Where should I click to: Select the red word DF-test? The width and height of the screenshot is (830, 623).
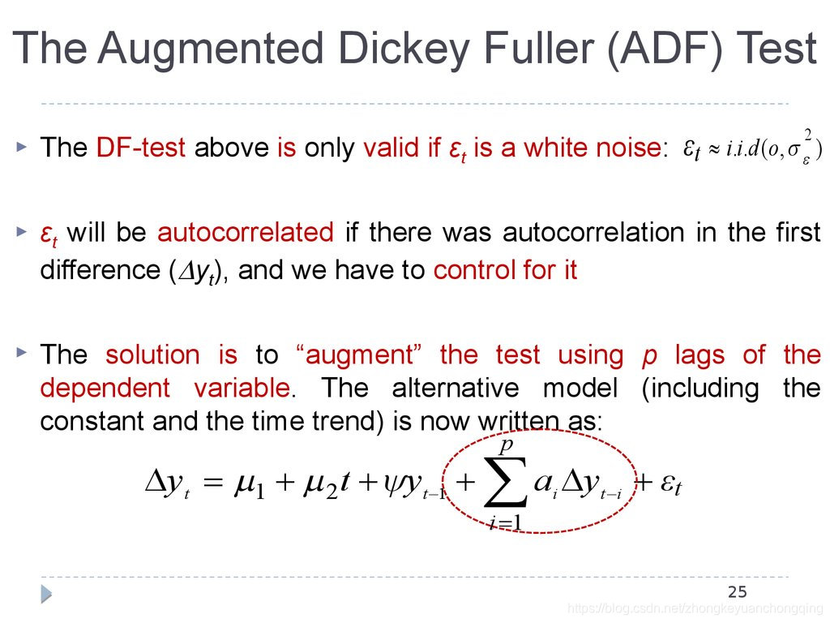tap(141, 148)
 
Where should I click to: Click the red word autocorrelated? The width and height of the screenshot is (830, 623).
tap(246, 233)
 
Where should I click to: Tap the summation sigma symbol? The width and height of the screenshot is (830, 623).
tap(504, 483)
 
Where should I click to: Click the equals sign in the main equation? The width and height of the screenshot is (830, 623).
tap(213, 484)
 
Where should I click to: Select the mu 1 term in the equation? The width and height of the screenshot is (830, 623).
tap(250, 485)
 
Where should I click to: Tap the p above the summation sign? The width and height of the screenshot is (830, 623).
tap(506, 445)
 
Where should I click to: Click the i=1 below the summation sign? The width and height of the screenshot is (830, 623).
tap(504, 524)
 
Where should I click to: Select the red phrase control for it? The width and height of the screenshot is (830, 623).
tap(506, 270)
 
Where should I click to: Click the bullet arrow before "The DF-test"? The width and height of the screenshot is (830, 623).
tap(22, 148)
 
